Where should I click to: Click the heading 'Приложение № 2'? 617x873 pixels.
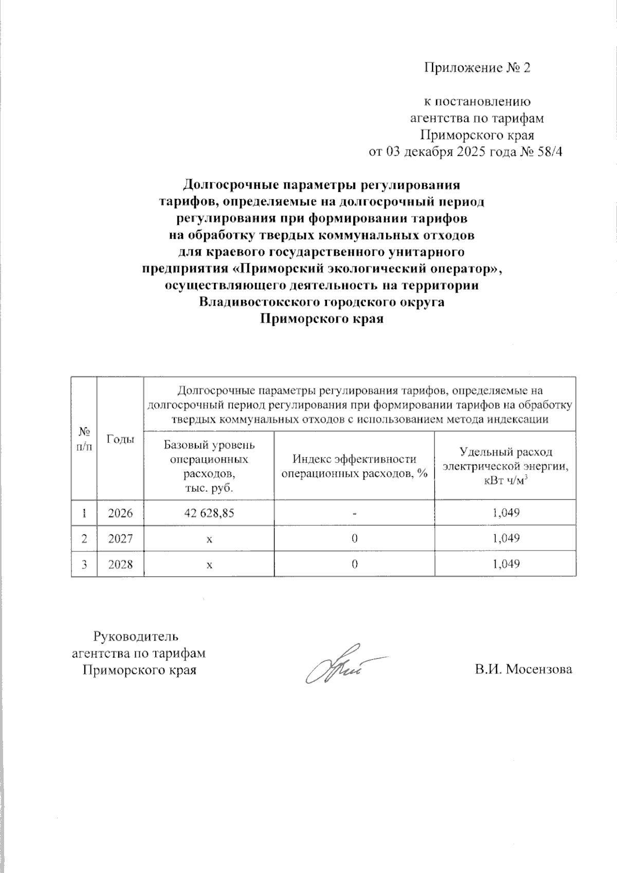click(x=476, y=68)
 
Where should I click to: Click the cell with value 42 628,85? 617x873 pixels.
click(x=209, y=513)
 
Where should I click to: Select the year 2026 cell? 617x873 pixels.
click(x=120, y=513)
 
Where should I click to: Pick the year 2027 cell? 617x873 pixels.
click(x=120, y=539)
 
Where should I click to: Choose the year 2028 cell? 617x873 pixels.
click(x=120, y=564)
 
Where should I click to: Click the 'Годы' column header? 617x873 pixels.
click(x=120, y=439)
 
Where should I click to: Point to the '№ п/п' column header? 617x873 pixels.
click(x=84, y=439)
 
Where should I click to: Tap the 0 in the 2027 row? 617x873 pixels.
click(x=354, y=539)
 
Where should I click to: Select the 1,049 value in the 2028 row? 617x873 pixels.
click(x=505, y=564)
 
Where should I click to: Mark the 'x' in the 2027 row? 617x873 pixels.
click(x=209, y=539)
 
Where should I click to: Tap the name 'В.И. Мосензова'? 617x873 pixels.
click(x=523, y=669)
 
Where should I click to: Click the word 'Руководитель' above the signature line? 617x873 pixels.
click(x=136, y=636)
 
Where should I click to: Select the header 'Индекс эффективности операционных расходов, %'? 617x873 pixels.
click(x=354, y=466)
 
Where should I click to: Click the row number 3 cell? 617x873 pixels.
click(x=84, y=564)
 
